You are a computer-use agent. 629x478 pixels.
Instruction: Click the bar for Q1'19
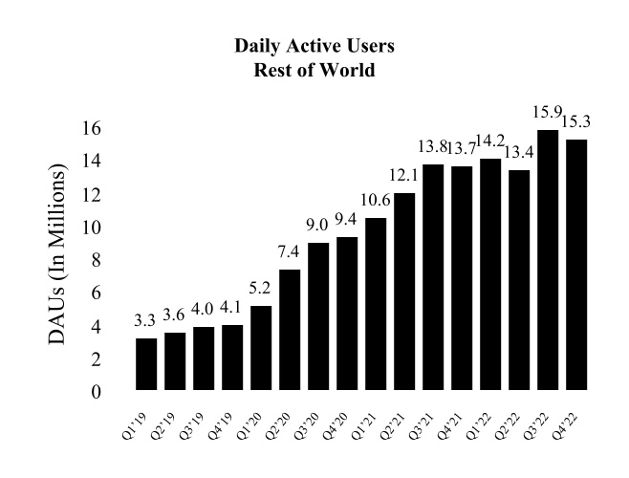[146, 364]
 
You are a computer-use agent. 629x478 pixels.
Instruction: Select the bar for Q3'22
[548, 260]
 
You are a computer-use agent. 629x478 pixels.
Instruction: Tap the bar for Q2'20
[290, 330]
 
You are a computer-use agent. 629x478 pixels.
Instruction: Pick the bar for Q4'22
[576, 265]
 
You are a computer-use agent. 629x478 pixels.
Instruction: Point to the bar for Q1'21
[376, 304]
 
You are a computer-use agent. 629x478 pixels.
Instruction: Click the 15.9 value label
[548, 114]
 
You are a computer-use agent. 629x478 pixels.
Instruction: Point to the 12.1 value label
[404, 177]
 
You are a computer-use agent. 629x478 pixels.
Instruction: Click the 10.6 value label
[376, 202]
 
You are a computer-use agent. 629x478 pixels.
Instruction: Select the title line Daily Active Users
[314, 46]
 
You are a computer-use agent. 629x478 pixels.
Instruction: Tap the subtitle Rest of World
[314, 70]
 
